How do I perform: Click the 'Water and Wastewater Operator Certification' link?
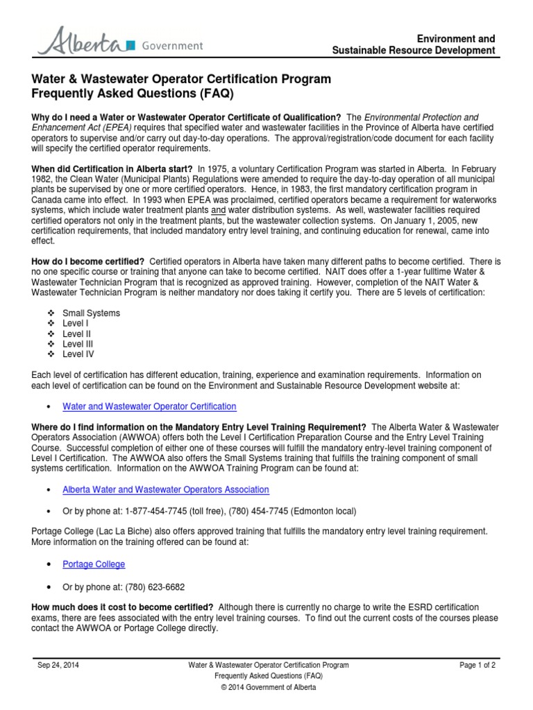[149, 406]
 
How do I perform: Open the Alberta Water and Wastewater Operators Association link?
[165, 490]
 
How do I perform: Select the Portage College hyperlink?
[94, 564]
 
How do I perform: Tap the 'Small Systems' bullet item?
[91, 313]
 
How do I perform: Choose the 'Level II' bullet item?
[76, 334]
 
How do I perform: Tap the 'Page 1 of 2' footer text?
[477, 665]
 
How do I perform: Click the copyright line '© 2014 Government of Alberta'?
[268, 687]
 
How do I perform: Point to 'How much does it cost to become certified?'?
[122, 607]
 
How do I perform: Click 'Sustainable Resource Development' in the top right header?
[414, 51]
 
